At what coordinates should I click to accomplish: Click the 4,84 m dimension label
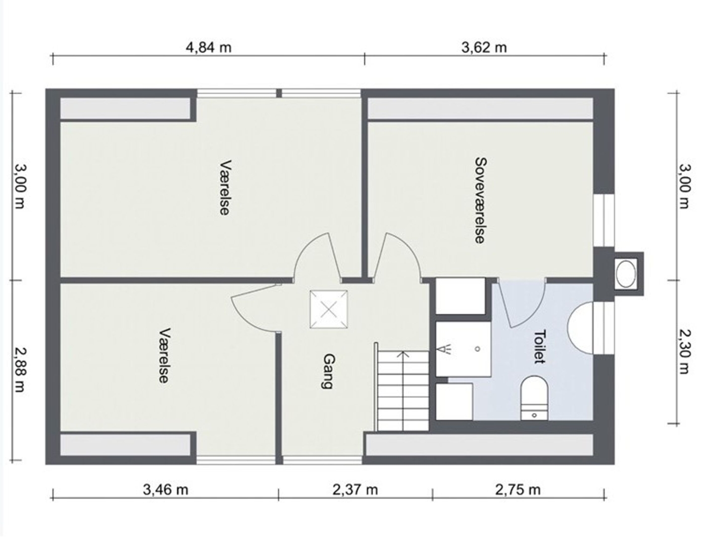point(208,48)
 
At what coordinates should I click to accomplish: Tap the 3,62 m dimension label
point(484,48)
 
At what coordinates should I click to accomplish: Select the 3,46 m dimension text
point(166,490)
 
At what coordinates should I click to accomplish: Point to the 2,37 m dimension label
point(355,490)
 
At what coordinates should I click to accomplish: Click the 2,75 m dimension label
point(518,490)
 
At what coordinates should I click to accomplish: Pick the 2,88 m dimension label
point(20,370)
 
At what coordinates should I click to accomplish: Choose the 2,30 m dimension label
point(683,351)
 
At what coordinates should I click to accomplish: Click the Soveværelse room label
point(480,201)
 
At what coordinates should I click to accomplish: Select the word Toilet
point(539,347)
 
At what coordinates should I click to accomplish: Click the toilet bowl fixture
point(534,398)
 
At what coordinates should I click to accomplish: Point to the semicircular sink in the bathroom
point(581,327)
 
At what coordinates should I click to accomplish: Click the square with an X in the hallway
point(329,309)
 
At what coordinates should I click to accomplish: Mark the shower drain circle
point(478,349)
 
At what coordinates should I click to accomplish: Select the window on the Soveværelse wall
point(604,221)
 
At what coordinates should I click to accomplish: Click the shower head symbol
point(445,349)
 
